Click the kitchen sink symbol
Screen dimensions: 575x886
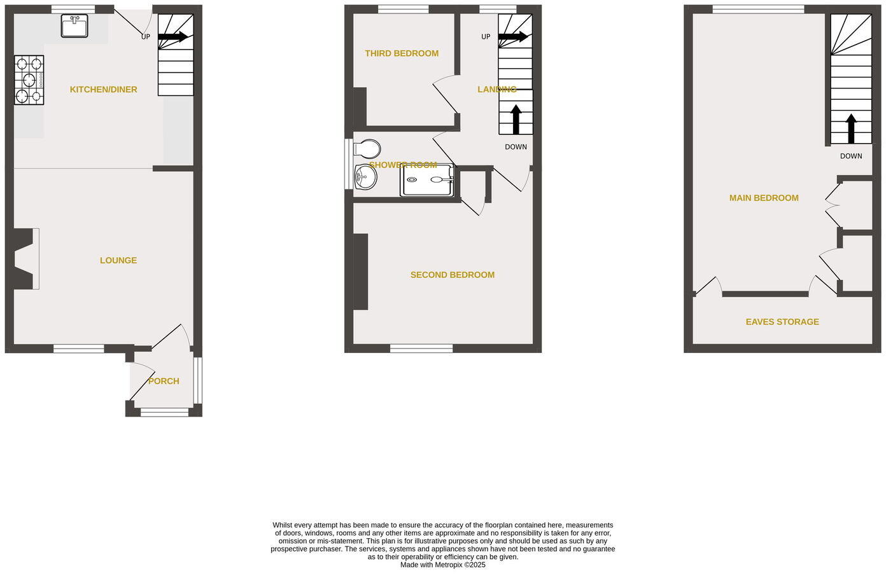tap(74, 27)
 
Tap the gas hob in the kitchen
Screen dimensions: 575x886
tap(29, 80)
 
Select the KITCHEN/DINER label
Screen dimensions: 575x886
tap(103, 90)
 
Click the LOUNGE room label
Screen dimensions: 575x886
tap(118, 260)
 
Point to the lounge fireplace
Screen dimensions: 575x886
tap(24, 259)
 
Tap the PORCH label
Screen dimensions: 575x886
tap(164, 381)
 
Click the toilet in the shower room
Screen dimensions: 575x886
tap(367, 149)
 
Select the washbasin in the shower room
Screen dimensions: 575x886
tap(365, 177)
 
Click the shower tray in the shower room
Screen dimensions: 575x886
tap(426, 180)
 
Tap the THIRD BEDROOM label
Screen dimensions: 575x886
tap(402, 53)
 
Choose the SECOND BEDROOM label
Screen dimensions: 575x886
tap(452, 275)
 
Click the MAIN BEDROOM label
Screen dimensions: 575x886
tap(764, 198)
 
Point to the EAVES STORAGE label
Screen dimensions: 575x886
tap(782, 322)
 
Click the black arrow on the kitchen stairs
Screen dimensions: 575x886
tap(172, 37)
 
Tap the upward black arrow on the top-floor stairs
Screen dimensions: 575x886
tap(851, 128)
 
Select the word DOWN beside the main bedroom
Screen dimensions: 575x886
tap(851, 156)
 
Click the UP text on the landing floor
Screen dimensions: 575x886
tap(486, 37)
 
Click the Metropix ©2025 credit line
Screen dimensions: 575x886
tap(442, 565)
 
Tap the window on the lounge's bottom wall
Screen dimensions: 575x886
tap(78, 348)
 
